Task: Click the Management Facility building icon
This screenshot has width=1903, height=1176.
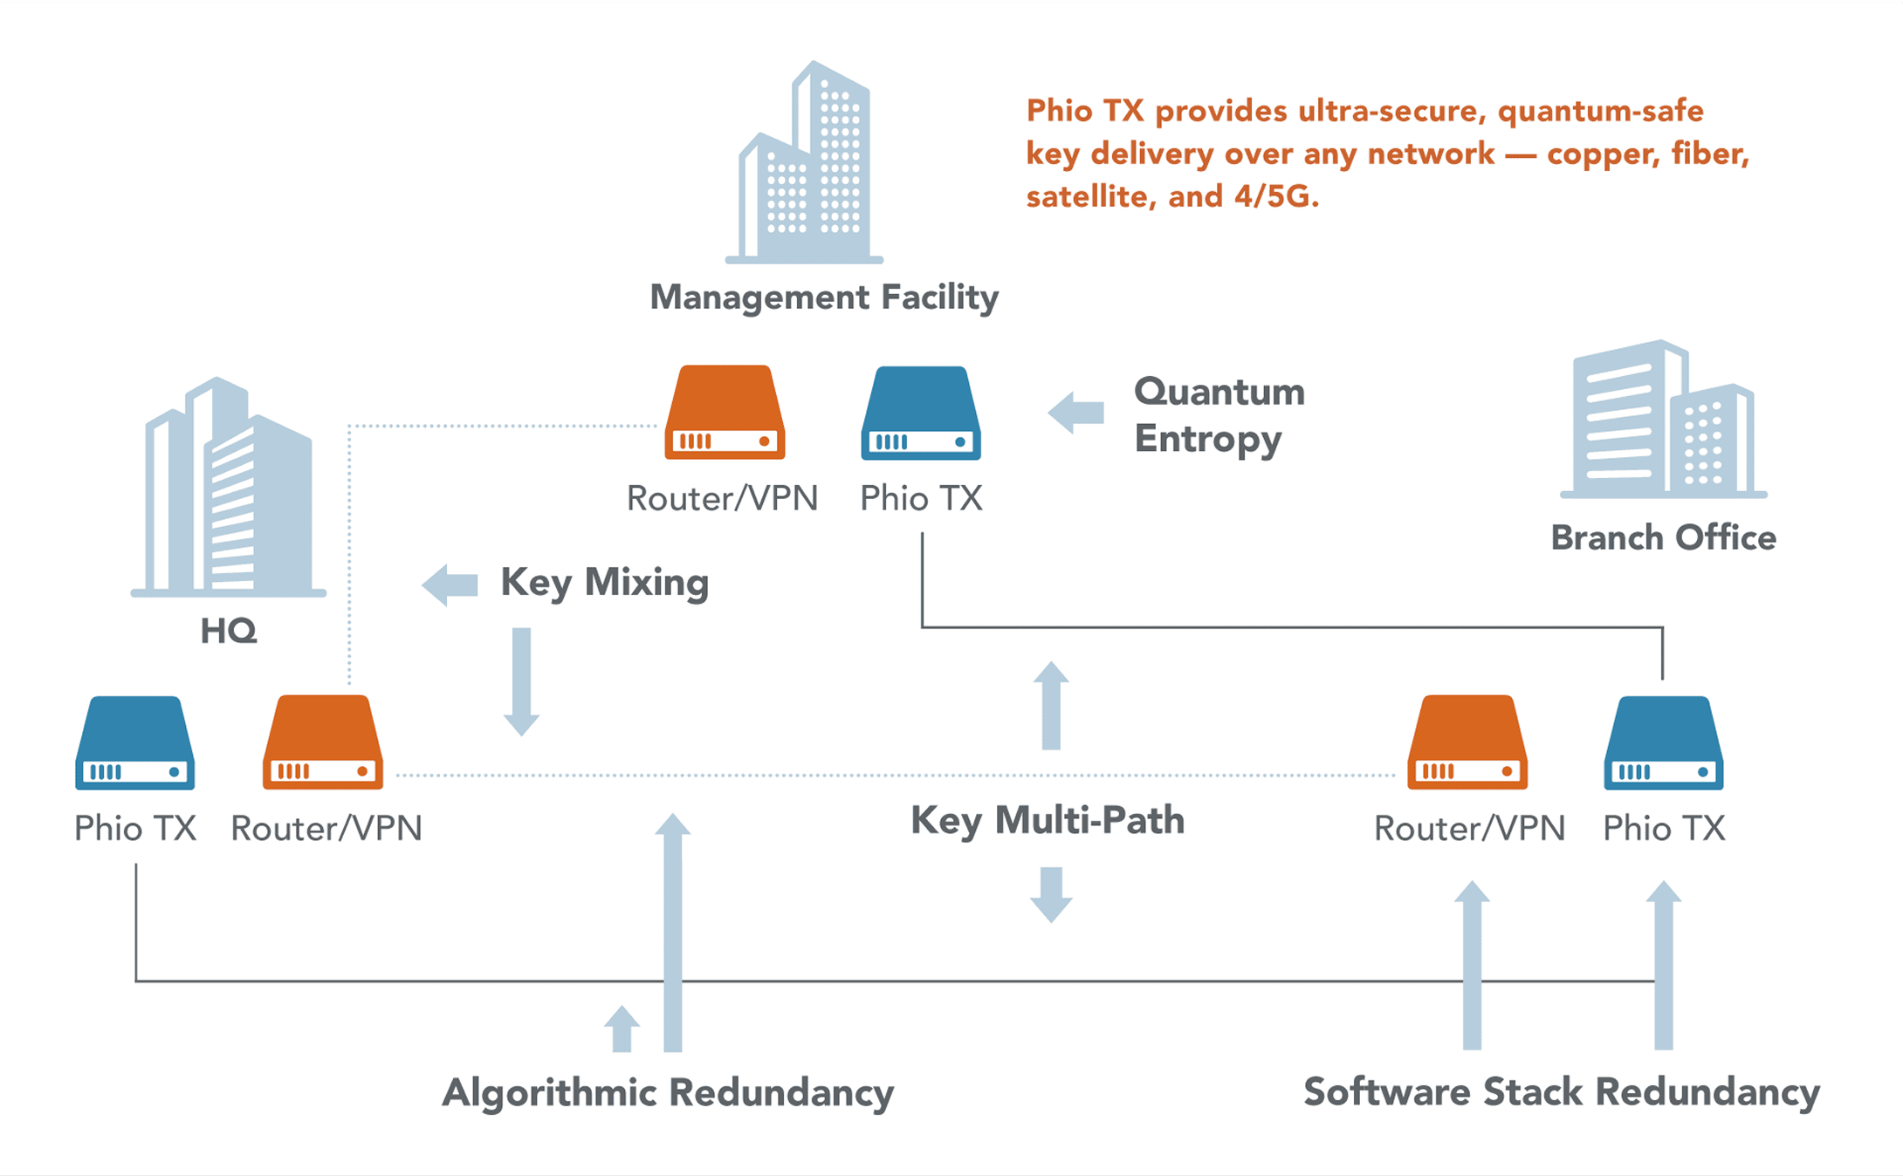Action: click(805, 166)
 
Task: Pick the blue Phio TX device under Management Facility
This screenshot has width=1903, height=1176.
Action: click(921, 414)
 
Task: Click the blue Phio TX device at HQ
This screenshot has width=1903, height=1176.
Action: click(135, 743)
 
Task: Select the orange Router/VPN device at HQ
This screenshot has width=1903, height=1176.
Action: click(323, 743)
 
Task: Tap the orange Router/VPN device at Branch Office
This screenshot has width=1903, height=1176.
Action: click(1467, 743)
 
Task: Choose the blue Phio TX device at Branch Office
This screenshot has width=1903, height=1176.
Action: click(1664, 743)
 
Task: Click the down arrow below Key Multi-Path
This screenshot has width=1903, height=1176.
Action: click(1051, 894)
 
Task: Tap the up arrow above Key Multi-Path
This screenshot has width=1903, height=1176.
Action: click(1051, 705)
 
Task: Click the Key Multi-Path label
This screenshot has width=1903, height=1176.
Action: click(1048, 821)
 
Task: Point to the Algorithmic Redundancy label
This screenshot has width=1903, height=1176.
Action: click(668, 1093)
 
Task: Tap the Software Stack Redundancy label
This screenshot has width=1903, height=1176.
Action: click(1562, 1093)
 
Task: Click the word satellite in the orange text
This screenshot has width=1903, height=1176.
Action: click(1087, 197)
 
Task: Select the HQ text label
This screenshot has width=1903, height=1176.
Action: click(229, 631)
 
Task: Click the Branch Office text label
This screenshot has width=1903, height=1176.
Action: click(1663, 538)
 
